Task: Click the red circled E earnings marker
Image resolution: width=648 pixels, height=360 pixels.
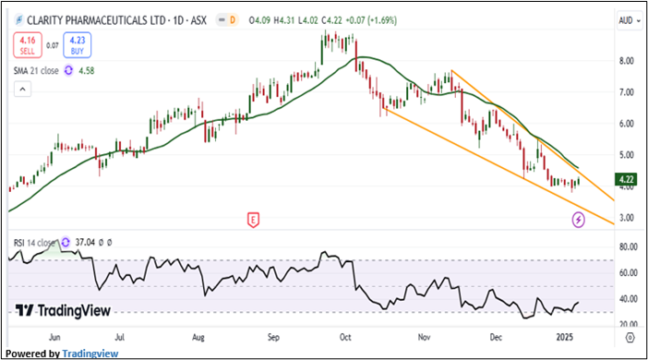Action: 252,219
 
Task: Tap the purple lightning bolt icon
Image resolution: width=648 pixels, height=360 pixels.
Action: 579,219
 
